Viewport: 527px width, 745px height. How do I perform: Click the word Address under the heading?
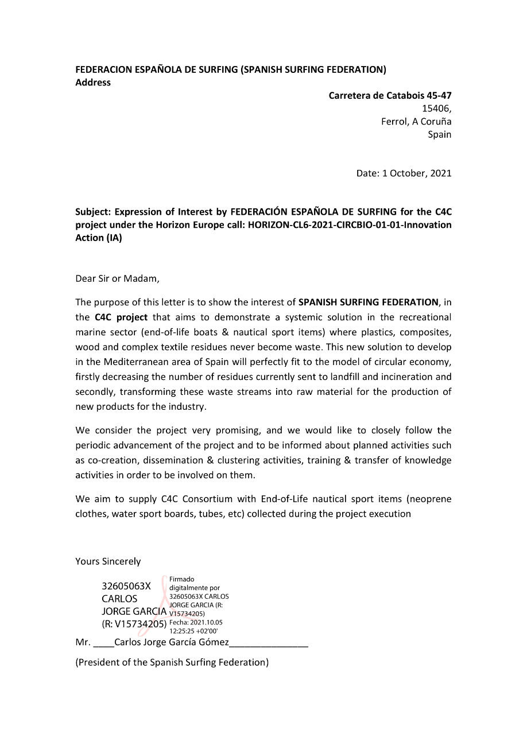click(93, 83)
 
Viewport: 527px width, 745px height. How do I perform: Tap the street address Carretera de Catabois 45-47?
click(390, 96)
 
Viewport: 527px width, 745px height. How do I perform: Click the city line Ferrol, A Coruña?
click(416, 122)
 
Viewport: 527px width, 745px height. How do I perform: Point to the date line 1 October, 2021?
click(417, 173)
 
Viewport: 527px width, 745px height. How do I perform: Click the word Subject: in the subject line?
click(92, 212)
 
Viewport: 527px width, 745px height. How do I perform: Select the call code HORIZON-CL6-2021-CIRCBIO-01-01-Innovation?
click(349, 225)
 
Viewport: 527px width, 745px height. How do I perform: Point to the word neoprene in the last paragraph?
click(429, 499)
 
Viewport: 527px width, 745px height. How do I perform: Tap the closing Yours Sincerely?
click(108, 561)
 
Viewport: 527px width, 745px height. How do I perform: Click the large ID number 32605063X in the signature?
click(126, 587)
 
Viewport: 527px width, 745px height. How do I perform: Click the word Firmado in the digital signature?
click(182, 580)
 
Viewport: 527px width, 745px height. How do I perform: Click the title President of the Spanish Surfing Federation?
click(172, 662)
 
